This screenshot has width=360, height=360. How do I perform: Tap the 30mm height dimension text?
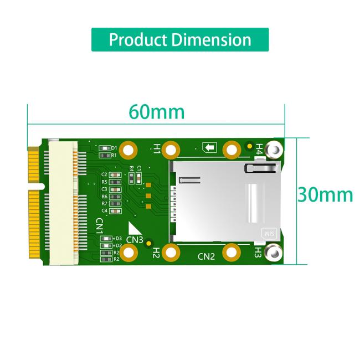click(325, 194)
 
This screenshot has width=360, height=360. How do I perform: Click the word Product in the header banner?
click(138, 40)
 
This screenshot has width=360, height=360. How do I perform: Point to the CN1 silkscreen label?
click(100, 227)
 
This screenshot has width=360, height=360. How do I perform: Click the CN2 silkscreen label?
click(206, 256)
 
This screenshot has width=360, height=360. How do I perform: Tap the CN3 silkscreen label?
click(135, 240)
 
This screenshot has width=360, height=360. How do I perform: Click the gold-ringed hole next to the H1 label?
click(172, 149)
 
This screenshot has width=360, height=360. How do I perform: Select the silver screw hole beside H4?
click(273, 150)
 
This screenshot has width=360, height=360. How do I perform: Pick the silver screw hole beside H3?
click(273, 254)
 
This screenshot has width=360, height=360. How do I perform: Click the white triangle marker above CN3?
click(133, 229)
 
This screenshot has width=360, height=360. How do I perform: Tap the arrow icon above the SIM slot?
click(209, 147)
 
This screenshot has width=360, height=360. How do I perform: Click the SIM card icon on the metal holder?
click(268, 234)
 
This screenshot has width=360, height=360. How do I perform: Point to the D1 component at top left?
click(102, 148)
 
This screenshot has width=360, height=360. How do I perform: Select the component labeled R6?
click(115, 196)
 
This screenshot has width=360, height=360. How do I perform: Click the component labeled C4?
click(115, 210)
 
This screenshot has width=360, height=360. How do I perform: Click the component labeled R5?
click(115, 182)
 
